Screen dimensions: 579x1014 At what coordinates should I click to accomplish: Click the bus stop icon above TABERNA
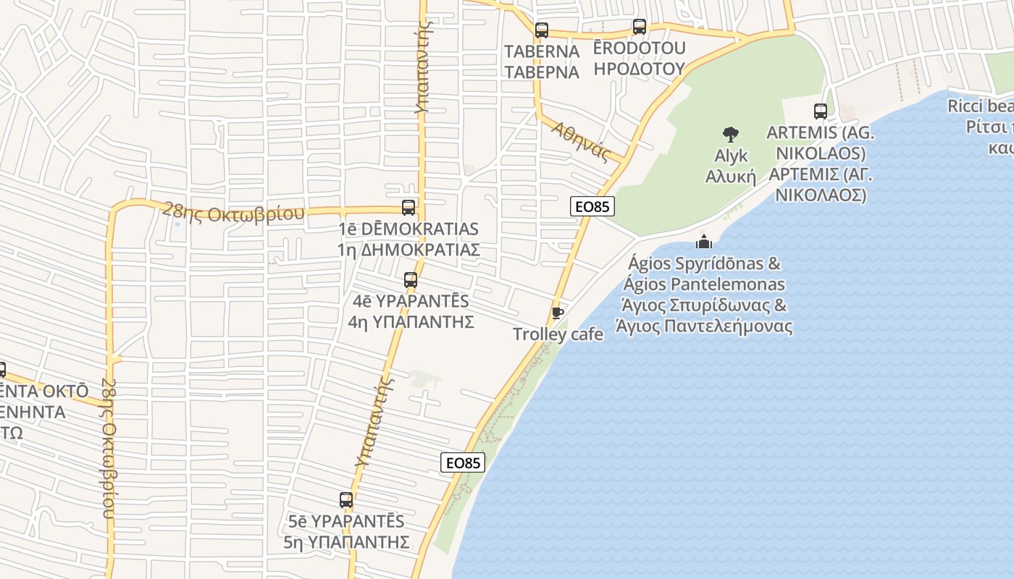[x=542, y=30]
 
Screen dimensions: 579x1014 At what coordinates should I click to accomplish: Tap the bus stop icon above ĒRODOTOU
[x=640, y=27]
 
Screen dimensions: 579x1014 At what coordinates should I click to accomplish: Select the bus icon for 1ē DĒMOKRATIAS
[x=408, y=208]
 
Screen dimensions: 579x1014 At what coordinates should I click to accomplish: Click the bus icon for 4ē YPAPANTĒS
[x=411, y=280]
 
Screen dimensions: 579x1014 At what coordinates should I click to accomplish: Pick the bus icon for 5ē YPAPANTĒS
[x=346, y=500]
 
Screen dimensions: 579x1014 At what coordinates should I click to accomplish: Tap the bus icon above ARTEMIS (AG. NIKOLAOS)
[x=821, y=111]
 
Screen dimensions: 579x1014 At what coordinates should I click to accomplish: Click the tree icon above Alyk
[x=731, y=134]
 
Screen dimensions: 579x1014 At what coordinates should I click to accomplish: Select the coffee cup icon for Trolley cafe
[x=558, y=313]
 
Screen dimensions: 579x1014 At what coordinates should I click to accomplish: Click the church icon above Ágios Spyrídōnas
[x=703, y=242]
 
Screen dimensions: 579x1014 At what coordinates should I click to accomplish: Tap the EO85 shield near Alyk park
[x=592, y=206]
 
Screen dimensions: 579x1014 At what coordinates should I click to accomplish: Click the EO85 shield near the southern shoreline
[x=463, y=462]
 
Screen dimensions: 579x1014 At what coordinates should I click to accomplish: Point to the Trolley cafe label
[x=558, y=334]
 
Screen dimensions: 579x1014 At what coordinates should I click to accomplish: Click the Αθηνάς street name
[x=579, y=139]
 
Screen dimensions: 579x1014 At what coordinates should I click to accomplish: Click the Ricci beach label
[x=980, y=106]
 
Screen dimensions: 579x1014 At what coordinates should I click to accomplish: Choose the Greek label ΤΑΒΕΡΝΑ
[x=542, y=72]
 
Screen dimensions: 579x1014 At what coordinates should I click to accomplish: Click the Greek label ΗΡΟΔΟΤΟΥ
[x=639, y=69]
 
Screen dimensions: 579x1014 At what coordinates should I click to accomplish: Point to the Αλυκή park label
[x=731, y=177]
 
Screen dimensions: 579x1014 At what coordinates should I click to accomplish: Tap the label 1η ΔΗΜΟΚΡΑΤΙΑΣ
[x=408, y=250]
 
